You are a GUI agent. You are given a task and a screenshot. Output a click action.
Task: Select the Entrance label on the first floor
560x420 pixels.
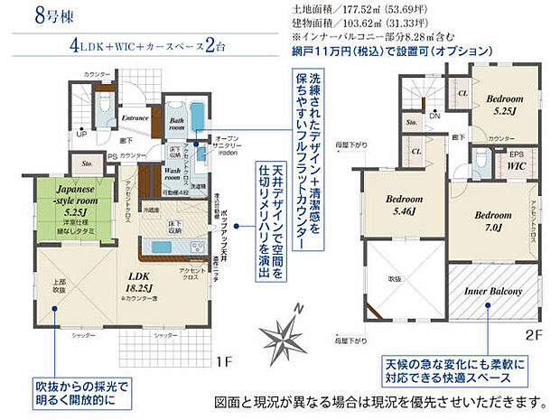coord(135,117)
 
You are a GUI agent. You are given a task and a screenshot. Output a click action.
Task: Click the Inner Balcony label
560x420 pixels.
coord(492,292)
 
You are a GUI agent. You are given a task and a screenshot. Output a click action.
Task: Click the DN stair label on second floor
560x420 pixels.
coord(434,116)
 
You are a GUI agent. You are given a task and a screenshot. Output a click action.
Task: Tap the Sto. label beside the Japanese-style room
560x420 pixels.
coord(88,164)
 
